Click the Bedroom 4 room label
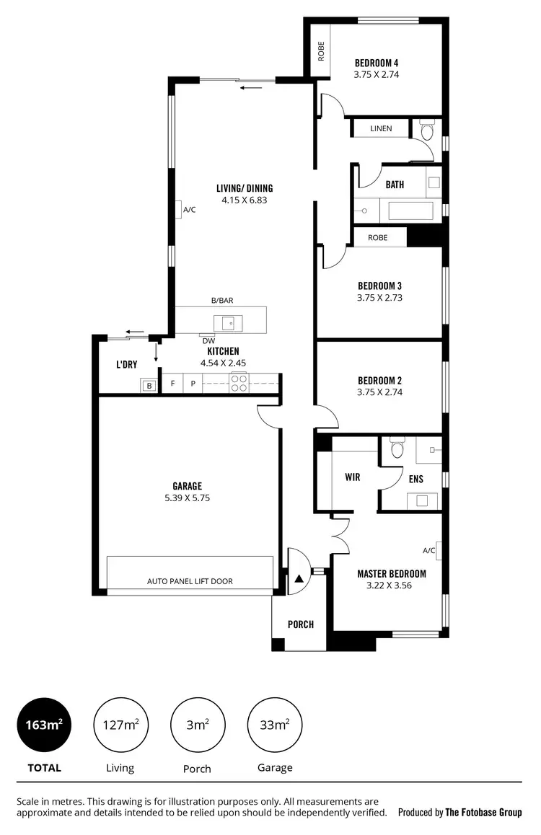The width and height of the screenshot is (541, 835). (377, 62)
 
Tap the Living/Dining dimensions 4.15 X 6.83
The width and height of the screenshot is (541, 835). (245, 200)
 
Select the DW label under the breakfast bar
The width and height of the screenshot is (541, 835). (208, 341)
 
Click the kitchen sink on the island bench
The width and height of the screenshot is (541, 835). (227, 322)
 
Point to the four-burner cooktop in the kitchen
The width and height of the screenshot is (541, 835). (239, 383)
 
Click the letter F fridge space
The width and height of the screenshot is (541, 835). (172, 384)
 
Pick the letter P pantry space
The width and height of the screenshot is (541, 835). (193, 384)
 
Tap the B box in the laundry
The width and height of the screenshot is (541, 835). (149, 386)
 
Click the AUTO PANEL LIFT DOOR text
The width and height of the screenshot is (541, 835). (190, 581)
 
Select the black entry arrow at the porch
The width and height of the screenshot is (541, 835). (299, 578)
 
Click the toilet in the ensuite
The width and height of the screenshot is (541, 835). (396, 450)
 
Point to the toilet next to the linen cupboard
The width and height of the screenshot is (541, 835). (426, 131)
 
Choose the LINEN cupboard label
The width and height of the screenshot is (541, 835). (381, 128)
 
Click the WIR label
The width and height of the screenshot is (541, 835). (353, 477)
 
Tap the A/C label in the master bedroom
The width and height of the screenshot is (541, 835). (429, 551)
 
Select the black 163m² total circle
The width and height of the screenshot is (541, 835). (45, 725)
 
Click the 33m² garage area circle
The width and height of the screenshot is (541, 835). (275, 725)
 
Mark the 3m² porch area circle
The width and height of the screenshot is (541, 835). (197, 725)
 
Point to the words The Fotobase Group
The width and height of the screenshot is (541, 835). (483, 812)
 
